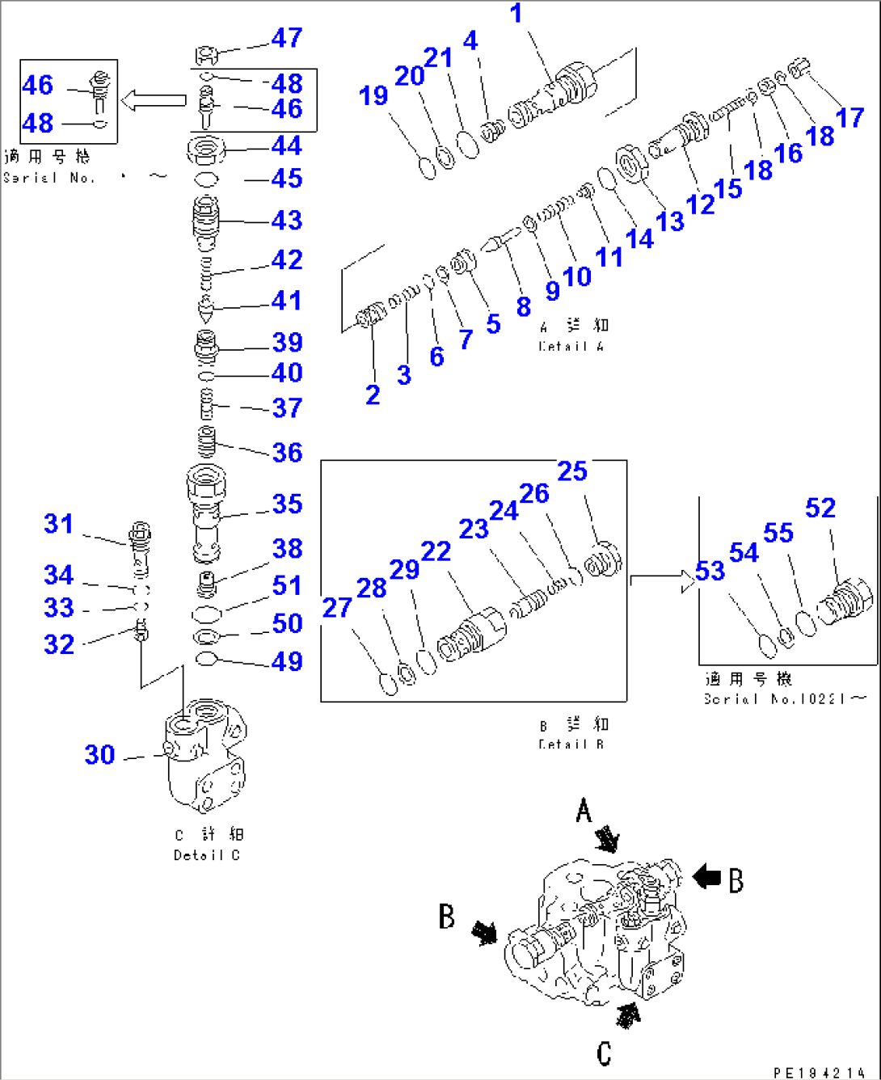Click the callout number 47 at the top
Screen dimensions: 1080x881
pyautogui.click(x=287, y=38)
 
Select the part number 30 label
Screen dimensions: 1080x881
pyautogui.click(x=100, y=754)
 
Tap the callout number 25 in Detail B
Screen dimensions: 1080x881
pyautogui.click(x=572, y=471)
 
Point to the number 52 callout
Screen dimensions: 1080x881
pyautogui.click(x=820, y=508)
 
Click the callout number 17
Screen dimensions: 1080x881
pyautogui.click(x=849, y=118)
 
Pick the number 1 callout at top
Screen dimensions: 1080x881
pyautogui.click(x=516, y=14)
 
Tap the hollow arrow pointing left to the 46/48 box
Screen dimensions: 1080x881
pyautogui.click(x=154, y=101)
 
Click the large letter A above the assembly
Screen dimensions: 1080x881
pyautogui.click(x=584, y=810)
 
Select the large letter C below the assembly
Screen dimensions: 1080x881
pyautogui.click(x=604, y=1053)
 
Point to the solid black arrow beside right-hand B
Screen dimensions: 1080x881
pyautogui.click(x=707, y=876)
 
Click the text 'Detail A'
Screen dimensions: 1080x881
pyautogui.click(x=571, y=346)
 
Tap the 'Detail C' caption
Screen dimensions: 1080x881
pyautogui.click(x=207, y=855)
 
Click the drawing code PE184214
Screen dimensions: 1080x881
pyautogui.click(x=818, y=1073)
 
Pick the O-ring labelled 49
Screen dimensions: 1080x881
pyautogui.click(x=207, y=659)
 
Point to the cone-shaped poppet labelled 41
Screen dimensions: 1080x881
pyautogui.click(x=206, y=308)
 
